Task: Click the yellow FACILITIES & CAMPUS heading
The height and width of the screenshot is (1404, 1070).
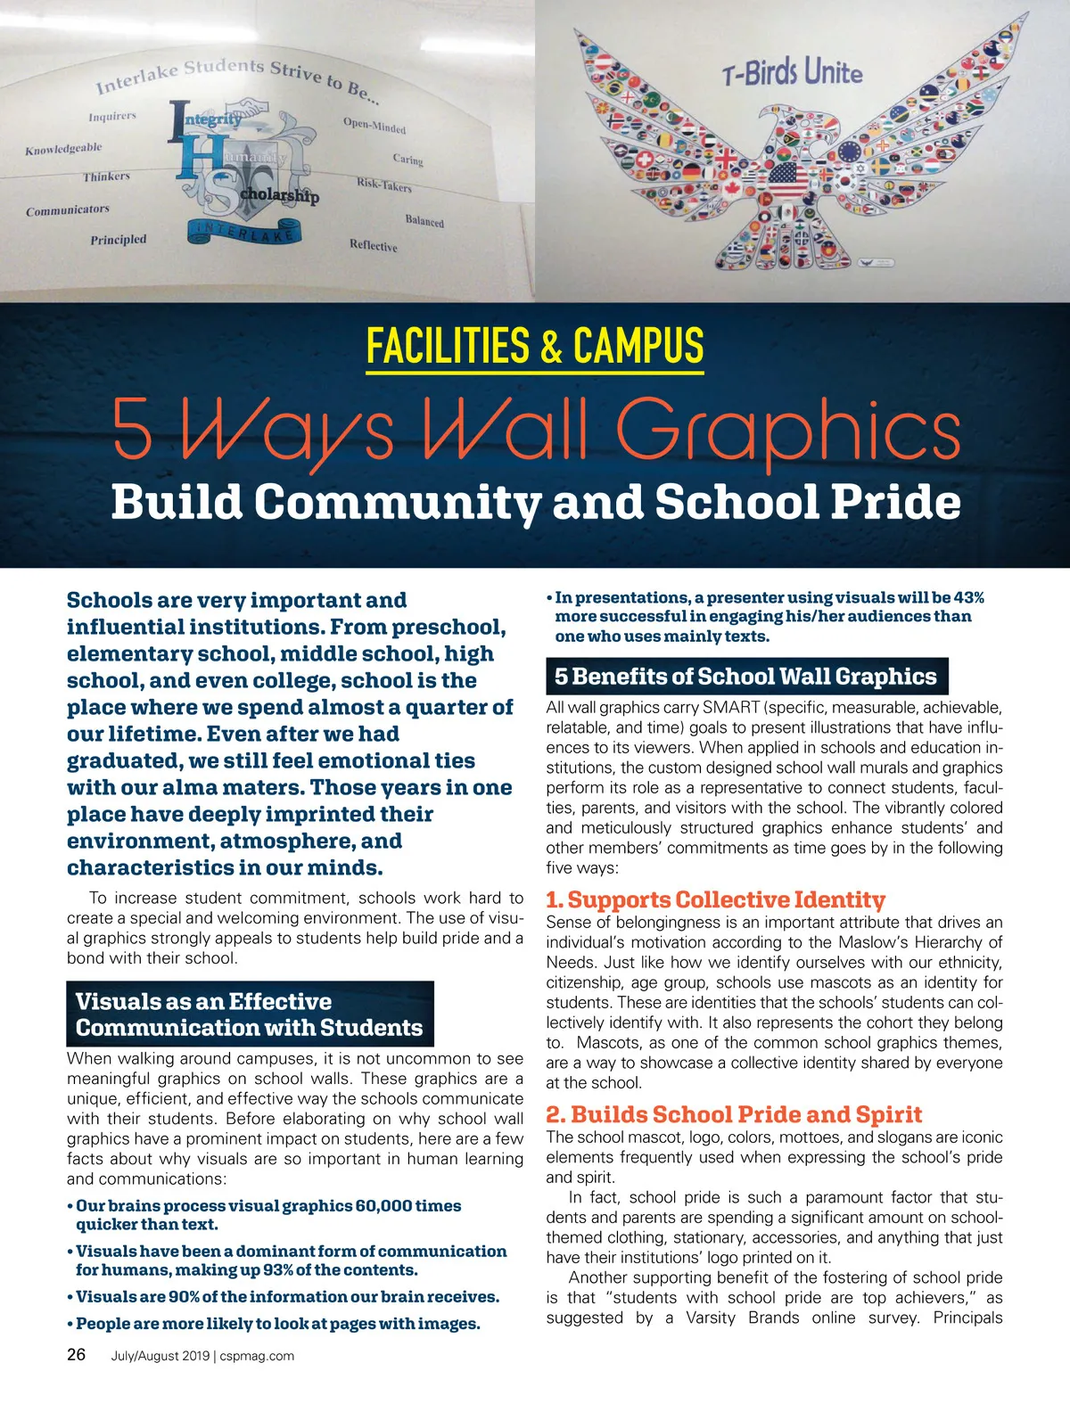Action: (535, 346)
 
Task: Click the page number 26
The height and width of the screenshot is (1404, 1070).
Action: (77, 1354)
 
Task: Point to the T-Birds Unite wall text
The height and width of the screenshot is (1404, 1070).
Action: (792, 72)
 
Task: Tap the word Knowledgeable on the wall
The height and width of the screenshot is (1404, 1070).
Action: (63, 149)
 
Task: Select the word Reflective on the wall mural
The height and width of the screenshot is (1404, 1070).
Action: (374, 245)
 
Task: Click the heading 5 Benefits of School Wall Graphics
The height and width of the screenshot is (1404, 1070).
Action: (745, 677)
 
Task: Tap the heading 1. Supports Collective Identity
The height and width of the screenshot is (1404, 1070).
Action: (715, 899)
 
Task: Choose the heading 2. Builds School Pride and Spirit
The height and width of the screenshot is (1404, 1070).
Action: (733, 1114)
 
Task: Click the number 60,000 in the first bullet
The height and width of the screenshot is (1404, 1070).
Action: (383, 1205)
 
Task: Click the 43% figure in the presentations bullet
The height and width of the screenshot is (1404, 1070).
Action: (968, 597)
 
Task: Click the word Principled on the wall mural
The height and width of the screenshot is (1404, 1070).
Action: (119, 240)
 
